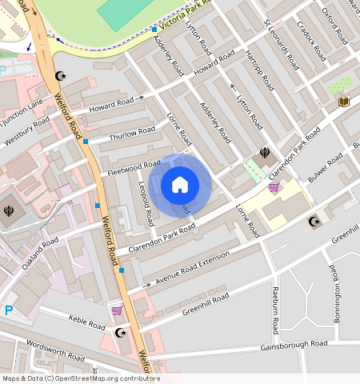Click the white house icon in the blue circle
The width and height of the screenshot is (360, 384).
click(180, 186)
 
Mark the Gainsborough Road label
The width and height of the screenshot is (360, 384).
click(294, 344)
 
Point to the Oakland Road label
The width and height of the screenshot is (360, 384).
click(40, 252)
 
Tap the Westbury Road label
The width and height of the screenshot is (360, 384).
click(27, 133)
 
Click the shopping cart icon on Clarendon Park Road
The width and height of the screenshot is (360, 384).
click(274, 188)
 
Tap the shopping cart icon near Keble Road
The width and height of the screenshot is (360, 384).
click(118, 310)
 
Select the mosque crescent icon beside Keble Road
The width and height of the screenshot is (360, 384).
click(121, 332)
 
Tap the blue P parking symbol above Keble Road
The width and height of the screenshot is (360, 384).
click(9, 310)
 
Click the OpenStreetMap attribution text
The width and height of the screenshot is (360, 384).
click(80, 378)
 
